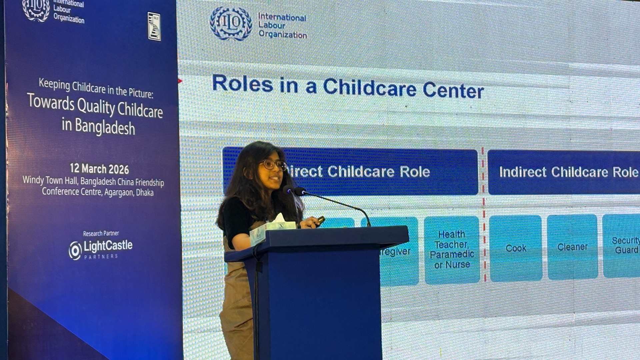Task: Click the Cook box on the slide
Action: [516, 248]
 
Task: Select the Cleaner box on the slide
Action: [572, 247]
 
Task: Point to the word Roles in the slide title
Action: [242, 83]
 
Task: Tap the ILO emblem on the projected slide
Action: [231, 23]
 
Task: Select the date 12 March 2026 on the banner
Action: [99, 169]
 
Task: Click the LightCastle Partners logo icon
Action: [75, 250]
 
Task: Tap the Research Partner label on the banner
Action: [101, 233]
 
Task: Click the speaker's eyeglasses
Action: [273, 164]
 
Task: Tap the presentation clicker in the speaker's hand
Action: [320, 220]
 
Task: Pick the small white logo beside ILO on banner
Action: [154, 26]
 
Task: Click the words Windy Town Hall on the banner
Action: [50, 180]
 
